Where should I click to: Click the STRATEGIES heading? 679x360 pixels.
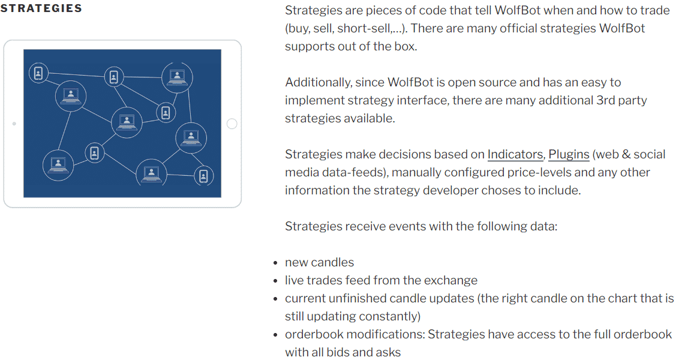pos(41,8)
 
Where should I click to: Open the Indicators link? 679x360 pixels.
pos(515,154)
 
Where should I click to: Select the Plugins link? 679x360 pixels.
pos(569,154)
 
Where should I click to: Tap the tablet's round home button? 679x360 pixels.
pos(232,124)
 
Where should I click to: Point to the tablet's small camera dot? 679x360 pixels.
pos(14,124)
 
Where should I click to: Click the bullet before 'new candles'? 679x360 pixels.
pos(275,263)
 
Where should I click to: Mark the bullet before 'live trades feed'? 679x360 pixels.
pos(275,281)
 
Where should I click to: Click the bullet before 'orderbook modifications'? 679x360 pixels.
pos(275,335)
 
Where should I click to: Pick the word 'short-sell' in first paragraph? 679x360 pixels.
pos(363,28)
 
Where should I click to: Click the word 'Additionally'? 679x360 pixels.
pos(318,82)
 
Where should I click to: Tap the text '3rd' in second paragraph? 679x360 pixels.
pos(606,100)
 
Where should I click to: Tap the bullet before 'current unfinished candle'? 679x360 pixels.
pos(275,299)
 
